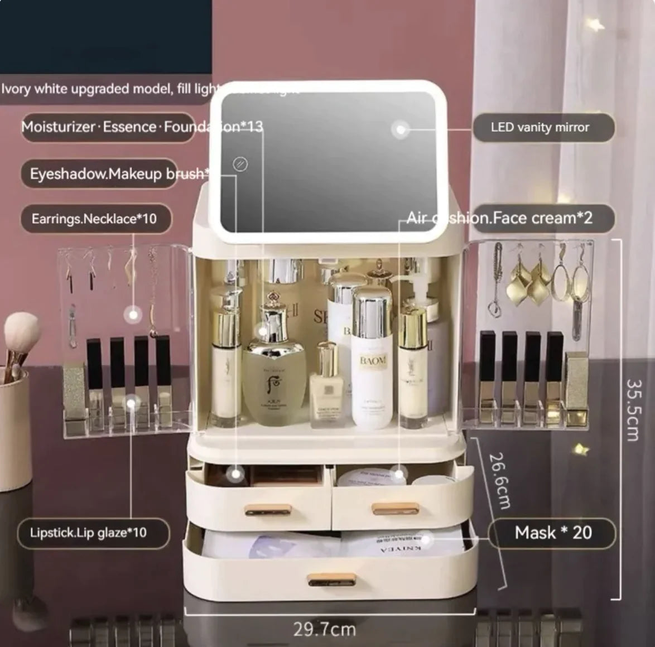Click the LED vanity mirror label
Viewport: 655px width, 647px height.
click(x=540, y=128)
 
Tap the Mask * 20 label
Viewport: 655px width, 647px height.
click(x=552, y=533)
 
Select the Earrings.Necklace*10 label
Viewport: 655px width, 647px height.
click(x=94, y=219)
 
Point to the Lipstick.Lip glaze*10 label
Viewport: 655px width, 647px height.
click(x=89, y=533)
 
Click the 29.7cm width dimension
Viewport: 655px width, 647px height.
click(x=324, y=630)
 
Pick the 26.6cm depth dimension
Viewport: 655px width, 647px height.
click(x=500, y=481)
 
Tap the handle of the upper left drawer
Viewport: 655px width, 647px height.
click(x=268, y=509)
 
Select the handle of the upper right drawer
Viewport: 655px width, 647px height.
click(x=395, y=508)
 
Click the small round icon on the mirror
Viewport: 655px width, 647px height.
click(x=240, y=164)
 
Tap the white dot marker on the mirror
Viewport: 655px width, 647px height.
click(x=399, y=130)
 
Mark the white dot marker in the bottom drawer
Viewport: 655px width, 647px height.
click(x=426, y=539)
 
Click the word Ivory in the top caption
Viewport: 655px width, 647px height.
click(x=16, y=89)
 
